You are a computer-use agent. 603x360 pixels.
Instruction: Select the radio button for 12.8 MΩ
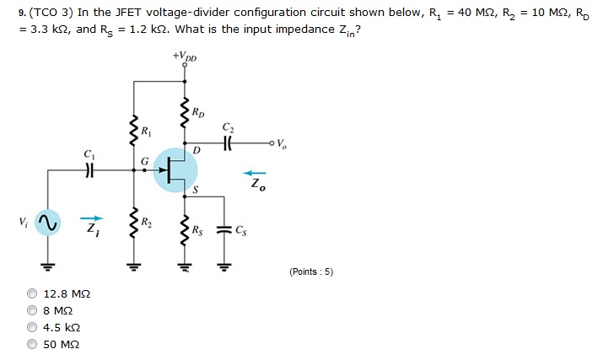click(x=32, y=293)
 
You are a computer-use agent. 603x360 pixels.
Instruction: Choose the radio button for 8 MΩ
click(x=32, y=310)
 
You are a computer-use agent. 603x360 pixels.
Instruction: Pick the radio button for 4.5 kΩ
click(x=32, y=327)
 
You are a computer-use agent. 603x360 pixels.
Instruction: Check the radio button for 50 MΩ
click(x=32, y=344)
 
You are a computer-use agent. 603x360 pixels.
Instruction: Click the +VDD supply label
click(x=184, y=58)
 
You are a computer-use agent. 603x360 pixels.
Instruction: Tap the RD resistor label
click(x=197, y=111)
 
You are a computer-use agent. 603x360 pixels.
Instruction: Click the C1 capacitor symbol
click(x=88, y=168)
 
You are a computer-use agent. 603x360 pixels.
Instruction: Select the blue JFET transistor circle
click(x=177, y=169)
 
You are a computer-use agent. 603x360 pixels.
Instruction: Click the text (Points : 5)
click(x=311, y=271)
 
